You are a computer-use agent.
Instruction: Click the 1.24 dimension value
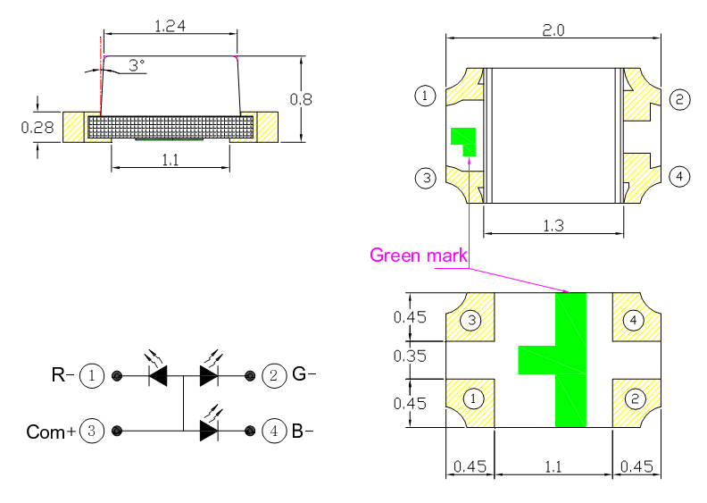pyautogui.click(x=170, y=27)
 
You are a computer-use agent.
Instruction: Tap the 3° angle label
pyautogui.click(x=136, y=65)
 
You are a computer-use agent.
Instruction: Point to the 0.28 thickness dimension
pyautogui.click(x=37, y=128)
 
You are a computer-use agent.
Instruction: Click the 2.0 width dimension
pyautogui.click(x=553, y=29)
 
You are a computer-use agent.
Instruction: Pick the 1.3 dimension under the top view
pyautogui.click(x=553, y=226)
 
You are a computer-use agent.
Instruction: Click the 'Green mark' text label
pyautogui.click(x=419, y=256)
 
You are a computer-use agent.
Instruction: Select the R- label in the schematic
pyautogui.click(x=62, y=375)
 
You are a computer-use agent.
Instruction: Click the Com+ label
pyautogui.click(x=51, y=432)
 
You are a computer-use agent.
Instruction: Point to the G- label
pyautogui.click(x=304, y=375)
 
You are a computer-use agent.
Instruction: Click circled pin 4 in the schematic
pyautogui.click(x=274, y=432)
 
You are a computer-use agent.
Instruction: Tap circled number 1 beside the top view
pyautogui.click(x=426, y=96)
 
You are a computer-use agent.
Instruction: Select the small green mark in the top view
pyautogui.click(x=464, y=139)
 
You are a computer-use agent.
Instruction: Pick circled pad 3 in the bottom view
pyautogui.click(x=471, y=320)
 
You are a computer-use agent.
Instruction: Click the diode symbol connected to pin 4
pyautogui.click(x=209, y=432)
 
